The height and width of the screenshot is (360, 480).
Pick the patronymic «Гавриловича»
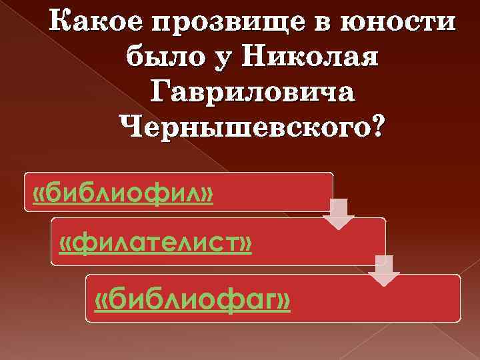click(x=253, y=93)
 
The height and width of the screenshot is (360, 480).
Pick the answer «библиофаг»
click(x=193, y=301)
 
